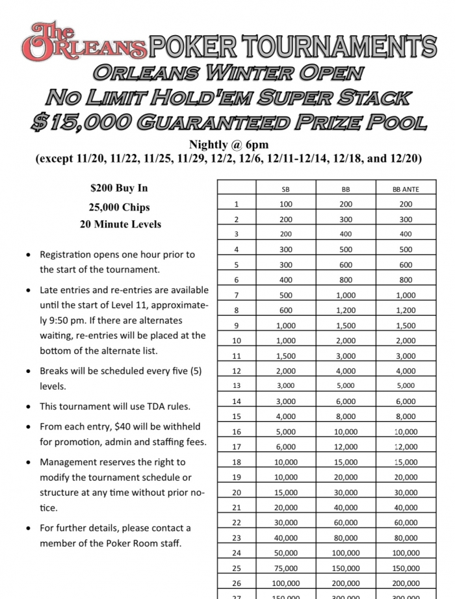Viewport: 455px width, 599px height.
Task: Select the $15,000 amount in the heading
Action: click(x=83, y=121)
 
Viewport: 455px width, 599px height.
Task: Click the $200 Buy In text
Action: click(x=119, y=188)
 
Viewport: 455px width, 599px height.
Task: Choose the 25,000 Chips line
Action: click(x=119, y=207)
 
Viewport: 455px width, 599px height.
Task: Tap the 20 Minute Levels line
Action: click(x=119, y=225)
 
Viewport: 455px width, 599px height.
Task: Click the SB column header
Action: click(x=285, y=189)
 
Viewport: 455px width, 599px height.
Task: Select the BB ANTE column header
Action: click(x=406, y=189)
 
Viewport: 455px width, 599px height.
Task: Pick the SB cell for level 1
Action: click(x=285, y=204)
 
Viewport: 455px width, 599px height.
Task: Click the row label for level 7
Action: click(x=237, y=294)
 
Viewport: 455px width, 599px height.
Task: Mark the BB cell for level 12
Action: click(x=346, y=371)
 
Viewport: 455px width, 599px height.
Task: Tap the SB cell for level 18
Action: click(x=285, y=462)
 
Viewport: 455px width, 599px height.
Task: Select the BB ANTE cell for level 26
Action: click(x=406, y=583)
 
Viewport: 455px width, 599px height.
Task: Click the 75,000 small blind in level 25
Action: click(x=285, y=568)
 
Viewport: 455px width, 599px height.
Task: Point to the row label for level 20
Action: click(x=237, y=492)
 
